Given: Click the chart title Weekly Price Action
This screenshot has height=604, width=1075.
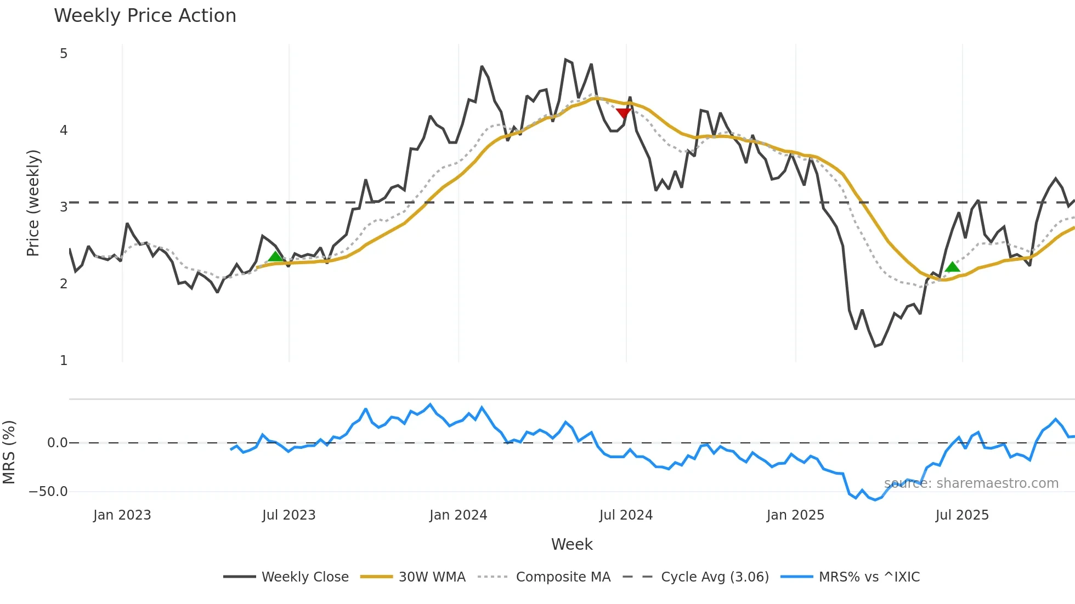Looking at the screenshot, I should tap(145, 16).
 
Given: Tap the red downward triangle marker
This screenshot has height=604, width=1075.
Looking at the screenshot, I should tap(623, 113).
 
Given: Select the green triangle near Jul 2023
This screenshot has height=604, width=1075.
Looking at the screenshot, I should tap(275, 256).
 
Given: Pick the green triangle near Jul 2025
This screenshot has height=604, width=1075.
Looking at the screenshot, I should tap(953, 267).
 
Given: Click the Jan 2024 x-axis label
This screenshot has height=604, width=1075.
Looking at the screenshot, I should tap(458, 515).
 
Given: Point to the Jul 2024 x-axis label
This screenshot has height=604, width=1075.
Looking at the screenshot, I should tap(626, 515).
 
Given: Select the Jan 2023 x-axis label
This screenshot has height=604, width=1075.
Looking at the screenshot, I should tap(122, 515).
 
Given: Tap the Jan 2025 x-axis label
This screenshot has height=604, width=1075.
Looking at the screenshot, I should tap(795, 515).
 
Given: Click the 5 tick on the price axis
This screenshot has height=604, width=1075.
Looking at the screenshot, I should tap(64, 54).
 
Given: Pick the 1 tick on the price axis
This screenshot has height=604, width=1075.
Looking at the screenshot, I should tap(64, 361).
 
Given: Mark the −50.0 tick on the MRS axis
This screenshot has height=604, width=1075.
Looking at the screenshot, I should tap(48, 492).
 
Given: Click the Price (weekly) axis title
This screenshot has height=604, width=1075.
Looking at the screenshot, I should tap(33, 203).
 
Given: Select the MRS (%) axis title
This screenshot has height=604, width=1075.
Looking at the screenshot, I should tap(9, 452).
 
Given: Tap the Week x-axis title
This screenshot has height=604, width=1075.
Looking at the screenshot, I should tap(572, 544).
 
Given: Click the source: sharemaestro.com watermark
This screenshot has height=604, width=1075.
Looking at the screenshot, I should tap(971, 483).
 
